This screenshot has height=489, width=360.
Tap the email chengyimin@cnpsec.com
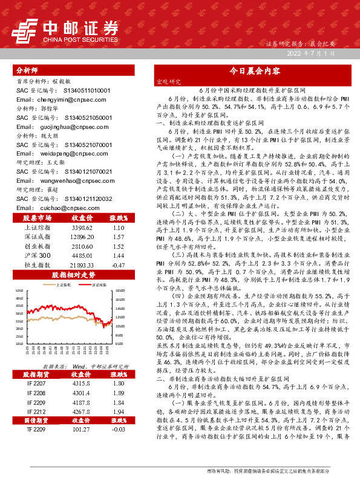coord(54,99)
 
